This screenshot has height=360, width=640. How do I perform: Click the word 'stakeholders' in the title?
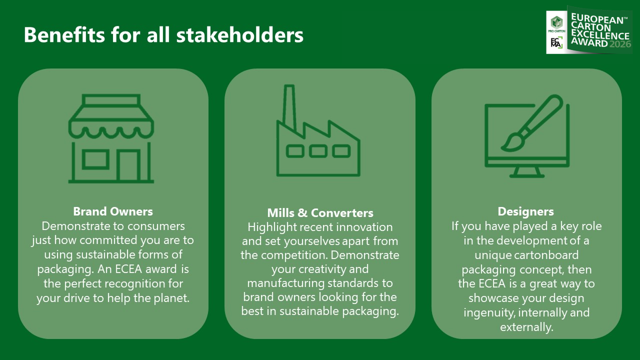239,35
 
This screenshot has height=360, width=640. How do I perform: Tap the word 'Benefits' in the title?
64,35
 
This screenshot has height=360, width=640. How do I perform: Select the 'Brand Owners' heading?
113,211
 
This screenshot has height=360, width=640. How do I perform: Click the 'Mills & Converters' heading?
320,213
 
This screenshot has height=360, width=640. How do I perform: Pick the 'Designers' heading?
525,211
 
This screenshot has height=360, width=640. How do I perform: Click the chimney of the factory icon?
289,106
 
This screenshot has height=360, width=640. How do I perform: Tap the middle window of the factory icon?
318,151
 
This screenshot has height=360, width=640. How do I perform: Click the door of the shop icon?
128,165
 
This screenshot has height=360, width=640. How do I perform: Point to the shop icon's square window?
95,159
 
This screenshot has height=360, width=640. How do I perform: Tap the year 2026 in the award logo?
620,44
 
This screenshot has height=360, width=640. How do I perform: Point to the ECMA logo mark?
556,42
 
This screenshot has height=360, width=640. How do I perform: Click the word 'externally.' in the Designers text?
526,327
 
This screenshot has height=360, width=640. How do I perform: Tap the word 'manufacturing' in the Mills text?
285,283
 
